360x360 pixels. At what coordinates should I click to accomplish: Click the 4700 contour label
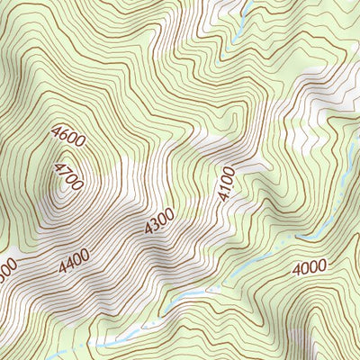[68, 176]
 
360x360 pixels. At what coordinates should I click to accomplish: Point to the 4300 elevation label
[158, 223]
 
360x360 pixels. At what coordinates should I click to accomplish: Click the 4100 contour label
[225, 183]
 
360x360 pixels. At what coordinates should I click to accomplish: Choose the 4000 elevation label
[310, 268]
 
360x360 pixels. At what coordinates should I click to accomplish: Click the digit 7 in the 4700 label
[64, 172]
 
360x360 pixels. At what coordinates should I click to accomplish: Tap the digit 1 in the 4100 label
[225, 186]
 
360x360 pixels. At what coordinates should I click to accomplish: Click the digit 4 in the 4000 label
[296, 269]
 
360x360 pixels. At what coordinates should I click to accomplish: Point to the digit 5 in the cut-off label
[2, 271]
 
